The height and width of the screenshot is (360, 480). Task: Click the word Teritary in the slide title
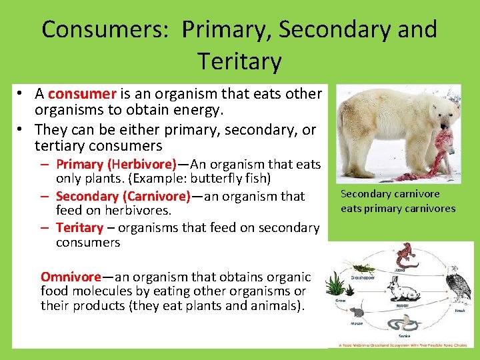(239, 61)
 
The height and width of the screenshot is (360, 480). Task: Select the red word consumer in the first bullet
(83, 94)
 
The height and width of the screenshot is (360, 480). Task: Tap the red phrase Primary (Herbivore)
(116, 164)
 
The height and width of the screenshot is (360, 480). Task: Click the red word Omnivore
(71, 276)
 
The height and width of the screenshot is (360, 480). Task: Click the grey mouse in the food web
(357, 312)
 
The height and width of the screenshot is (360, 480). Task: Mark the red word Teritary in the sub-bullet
(79, 228)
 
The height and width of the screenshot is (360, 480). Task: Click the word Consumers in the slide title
(106, 29)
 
